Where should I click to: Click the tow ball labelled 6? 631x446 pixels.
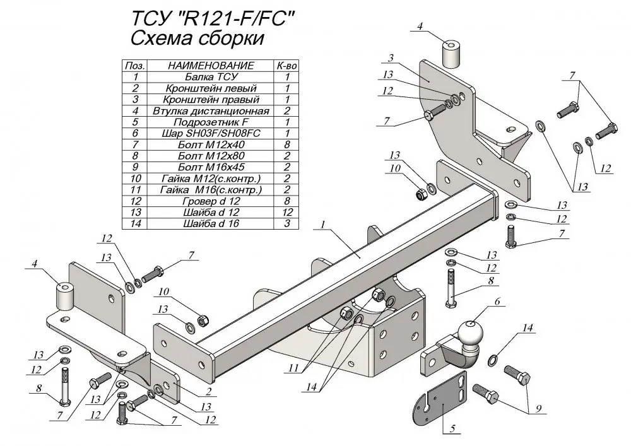pos(469,333)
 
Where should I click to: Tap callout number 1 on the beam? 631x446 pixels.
pos(324,225)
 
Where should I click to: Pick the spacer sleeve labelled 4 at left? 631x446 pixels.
pos(63,295)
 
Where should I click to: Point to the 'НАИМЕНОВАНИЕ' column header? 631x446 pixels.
pos(211,65)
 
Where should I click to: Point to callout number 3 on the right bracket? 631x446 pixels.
pos(391,58)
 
